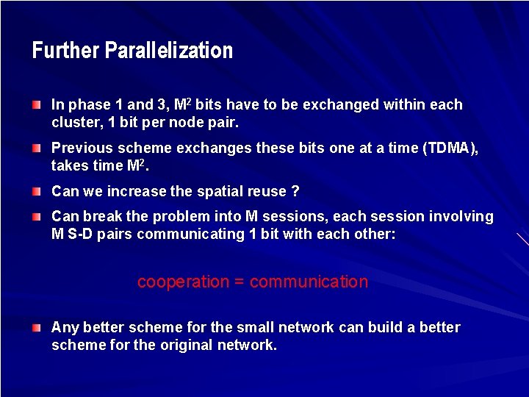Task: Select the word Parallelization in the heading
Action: (169, 51)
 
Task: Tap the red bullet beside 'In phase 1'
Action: (37, 105)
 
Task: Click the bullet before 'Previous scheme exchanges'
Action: (37, 149)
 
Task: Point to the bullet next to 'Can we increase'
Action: (37, 192)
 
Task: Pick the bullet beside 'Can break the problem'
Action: (37, 217)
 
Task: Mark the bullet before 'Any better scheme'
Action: (37, 328)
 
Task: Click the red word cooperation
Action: (183, 282)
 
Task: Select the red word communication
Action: (309, 282)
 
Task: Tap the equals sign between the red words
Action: (240, 282)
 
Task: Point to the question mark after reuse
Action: (295, 192)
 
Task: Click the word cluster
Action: (73, 123)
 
